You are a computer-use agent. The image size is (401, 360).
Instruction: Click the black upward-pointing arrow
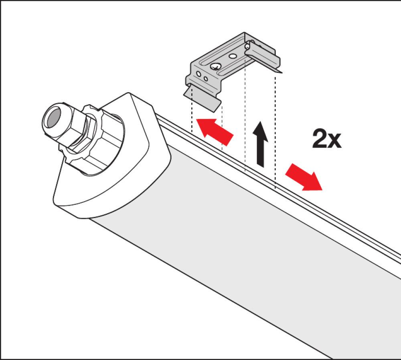pyautogui.click(x=260, y=144)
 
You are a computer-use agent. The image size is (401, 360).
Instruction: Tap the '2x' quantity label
pyautogui.click(x=326, y=139)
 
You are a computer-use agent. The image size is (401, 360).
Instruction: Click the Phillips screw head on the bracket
pyautogui.click(x=215, y=67)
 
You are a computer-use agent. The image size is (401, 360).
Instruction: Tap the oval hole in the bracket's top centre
pyautogui.click(x=233, y=56)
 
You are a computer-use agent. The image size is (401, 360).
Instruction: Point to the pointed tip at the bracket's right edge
pyautogui.click(x=282, y=73)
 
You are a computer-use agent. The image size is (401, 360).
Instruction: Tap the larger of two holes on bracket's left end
pyautogui.click(x=198, y=74)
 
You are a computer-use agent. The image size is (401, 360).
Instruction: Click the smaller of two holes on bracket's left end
pyautogui.click(x=206, y=79)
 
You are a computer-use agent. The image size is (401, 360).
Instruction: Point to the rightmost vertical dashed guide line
pyautogui.click(x=275, y=130)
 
